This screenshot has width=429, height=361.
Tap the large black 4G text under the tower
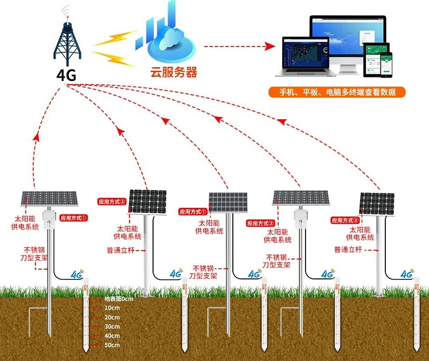tap(67, 75)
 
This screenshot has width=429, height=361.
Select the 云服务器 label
tap(174, 72)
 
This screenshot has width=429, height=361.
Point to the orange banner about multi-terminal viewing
tap(337, 91)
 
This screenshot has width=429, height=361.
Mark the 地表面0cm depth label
tap(119, 299)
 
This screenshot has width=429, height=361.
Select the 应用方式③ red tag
tap(344, 220)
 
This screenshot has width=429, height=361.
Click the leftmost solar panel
tap(49, 197)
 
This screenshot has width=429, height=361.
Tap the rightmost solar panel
tap(377, 202)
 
